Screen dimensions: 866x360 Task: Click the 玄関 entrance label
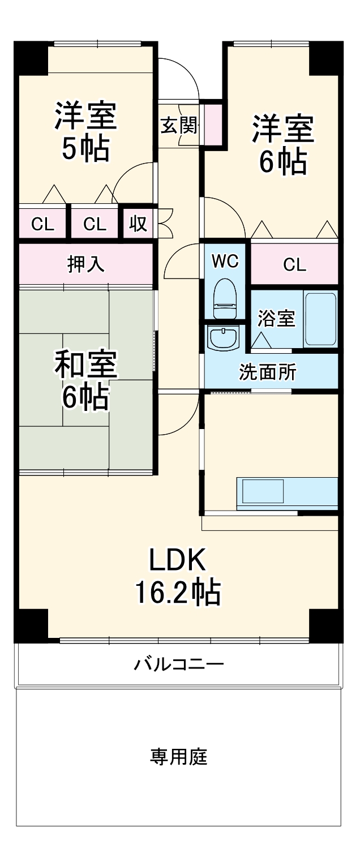coord(179,126)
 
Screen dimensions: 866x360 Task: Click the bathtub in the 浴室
coord(320,319)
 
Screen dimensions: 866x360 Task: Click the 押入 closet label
coord(86,264)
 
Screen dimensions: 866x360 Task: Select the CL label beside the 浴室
coord(294,264)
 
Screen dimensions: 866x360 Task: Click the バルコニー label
coord(179,663)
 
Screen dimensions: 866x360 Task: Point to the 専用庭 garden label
coord(179,757)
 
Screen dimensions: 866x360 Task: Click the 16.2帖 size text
coord(177,593)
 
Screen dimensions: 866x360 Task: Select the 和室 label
coord(85,365)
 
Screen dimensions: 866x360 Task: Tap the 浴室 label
coord(276,319)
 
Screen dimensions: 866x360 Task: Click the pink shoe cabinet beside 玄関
coord(213,123)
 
